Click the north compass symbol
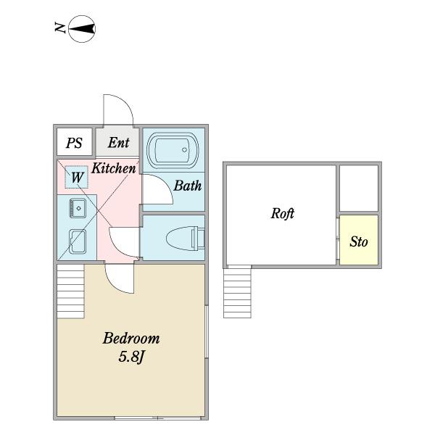(82, 29)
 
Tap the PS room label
(74, 143)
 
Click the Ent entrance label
(118, 143)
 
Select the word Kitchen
(114, 168)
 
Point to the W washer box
(77, 177)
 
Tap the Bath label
(188, 186)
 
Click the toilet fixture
(186, 238)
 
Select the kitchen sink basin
(78, 208)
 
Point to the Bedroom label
(131, 339)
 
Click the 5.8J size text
(131, 357)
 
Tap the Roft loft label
(283, 213)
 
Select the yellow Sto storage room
(359, 240)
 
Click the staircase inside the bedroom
(71, 291)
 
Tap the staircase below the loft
(238, 291)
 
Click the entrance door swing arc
(125, 102)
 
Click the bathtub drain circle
(184, 150)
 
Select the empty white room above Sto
(359, 188)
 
